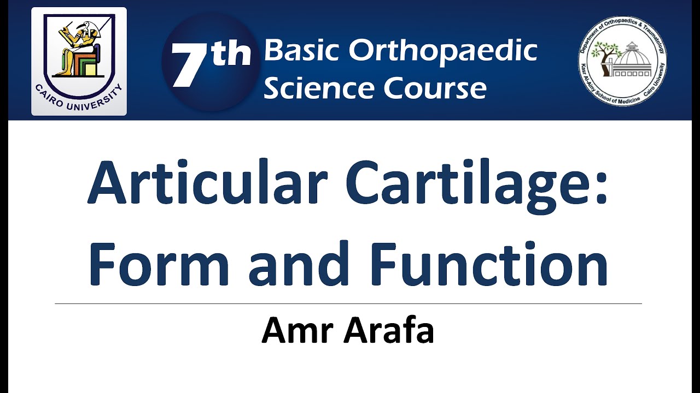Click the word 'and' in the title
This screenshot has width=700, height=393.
[x=299, y=265]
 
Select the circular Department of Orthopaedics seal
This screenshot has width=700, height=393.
[x=622, y=61]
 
